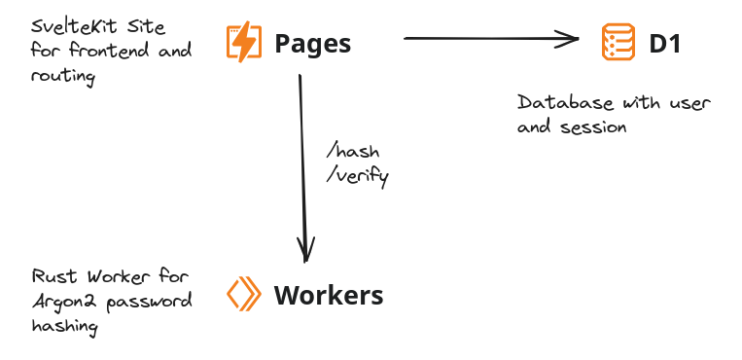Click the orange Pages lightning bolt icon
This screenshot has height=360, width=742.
coord(244,43)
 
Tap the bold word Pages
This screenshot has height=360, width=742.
coord(312,44)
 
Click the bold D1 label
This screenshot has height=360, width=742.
coord(664,44)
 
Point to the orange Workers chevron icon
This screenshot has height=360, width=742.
coord(244,295)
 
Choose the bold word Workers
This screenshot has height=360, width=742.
coord(329,296)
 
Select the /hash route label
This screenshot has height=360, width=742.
coord(353,153)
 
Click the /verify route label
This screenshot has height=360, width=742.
coord(358,176)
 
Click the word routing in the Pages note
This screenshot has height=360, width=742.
coord(63,76)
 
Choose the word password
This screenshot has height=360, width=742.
coord(145,301)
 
